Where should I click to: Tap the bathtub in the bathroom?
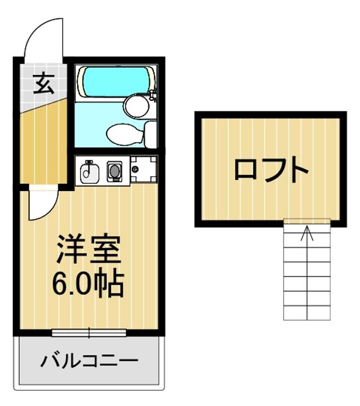[x=115, y=81]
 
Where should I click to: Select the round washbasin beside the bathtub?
[x=135, y=105]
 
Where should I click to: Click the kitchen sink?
[x=88, y=171]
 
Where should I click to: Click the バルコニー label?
[x=88, y=360]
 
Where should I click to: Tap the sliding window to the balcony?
[x=89, y=333]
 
